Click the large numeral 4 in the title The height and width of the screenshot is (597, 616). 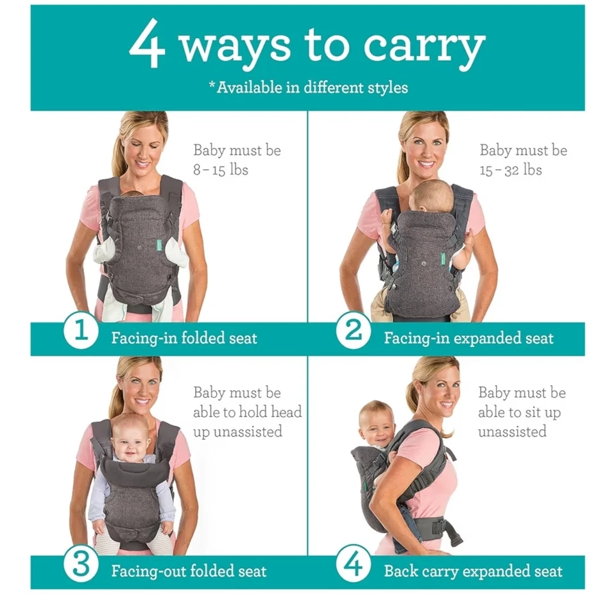[148, 46]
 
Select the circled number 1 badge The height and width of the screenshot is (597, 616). [80, 332]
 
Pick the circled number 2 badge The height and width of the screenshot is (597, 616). [354, 332]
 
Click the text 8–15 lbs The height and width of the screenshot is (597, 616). [221, 170]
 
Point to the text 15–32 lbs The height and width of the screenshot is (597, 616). [511, 170]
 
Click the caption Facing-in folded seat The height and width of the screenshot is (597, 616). [184, 338]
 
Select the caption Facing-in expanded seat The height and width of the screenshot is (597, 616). [468, 338]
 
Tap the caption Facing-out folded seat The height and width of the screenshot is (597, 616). [189, 571]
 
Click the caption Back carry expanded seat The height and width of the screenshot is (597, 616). [473, 571]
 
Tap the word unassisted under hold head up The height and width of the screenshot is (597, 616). [237, 432]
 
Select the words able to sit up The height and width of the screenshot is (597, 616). [519, 412]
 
